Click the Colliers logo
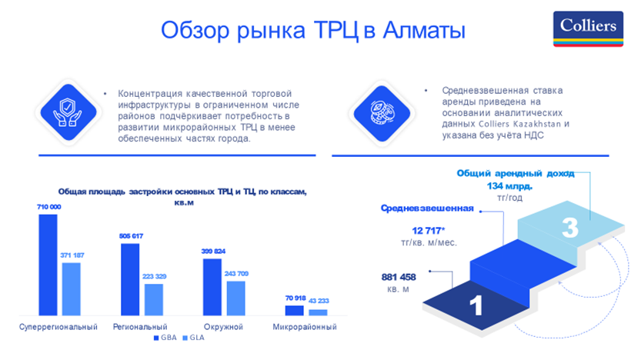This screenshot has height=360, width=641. pos(588,29)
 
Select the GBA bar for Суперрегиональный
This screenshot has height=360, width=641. pos(48,265)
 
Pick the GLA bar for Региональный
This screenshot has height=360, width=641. pos(154,299)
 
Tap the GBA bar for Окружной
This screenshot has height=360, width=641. pos(212,287)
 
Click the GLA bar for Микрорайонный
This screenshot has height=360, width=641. pos(318,312)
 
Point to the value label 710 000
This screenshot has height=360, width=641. pos(49,207)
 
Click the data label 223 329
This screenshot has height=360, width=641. pos(154,276)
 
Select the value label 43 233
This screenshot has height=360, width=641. pos(319,301)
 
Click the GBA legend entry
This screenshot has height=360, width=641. pos(165,338)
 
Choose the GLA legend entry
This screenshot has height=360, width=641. pos(193,338)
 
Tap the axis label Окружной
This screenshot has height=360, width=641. pos(223,327)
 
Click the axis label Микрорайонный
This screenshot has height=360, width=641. pos(305,327)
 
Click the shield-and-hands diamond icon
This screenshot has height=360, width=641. pos(68,112)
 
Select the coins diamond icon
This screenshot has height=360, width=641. pos(382,113)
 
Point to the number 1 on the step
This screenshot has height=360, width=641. pos(476,305)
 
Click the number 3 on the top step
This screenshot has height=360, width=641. pos(570,227)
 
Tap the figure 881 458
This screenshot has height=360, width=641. pos(399,277)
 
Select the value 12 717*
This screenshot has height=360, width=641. pos(429,231)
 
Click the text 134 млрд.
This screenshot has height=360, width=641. pos(509,186)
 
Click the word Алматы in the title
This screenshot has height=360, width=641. pos(424,30)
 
